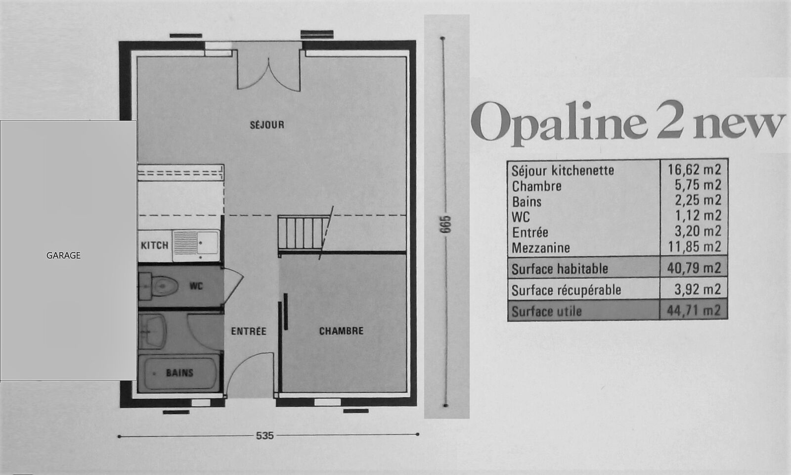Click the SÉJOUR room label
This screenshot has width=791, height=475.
click(x=267, y=125)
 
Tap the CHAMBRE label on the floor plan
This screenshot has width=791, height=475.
click(x=341, y=331)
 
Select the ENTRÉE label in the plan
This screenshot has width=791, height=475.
click(x=249, y=331)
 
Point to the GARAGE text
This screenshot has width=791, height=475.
click(x=64, y=255)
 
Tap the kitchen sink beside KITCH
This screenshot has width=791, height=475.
click(x=196, y=242)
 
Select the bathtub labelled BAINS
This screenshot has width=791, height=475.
click(x=178, y=373)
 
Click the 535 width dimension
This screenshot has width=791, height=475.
click(x=265, y=436)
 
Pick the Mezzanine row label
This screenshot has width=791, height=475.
click(x=541, y=248)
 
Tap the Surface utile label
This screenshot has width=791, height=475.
click(x=546, y=311)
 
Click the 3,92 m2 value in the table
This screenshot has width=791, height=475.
click(x=698, y=289)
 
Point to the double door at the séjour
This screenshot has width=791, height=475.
click(x=269, y=71)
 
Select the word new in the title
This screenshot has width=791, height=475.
click(x=740, y=125)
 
